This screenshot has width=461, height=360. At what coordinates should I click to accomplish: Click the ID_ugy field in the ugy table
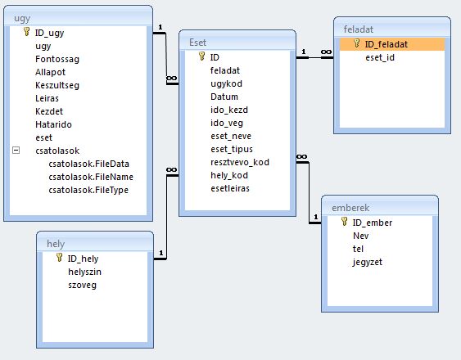49,33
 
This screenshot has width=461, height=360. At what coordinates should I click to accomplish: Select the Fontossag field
57,59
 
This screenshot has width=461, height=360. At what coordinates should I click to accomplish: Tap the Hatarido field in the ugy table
53,124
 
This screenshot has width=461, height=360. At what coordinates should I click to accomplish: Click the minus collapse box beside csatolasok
16,151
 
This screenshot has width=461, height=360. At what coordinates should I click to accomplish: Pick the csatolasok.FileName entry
91,177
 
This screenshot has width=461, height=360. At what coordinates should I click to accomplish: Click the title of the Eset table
197,43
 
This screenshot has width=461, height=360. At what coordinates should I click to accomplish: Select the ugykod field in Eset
226,83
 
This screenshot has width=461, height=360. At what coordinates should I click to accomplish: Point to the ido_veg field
227,123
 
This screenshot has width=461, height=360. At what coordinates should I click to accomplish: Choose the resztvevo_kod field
240,162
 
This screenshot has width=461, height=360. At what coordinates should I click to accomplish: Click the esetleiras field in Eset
230,188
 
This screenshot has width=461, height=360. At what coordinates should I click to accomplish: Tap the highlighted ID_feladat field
386,44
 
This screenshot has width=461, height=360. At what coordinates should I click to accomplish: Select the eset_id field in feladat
380,57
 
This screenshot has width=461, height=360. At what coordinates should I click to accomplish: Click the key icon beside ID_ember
344,221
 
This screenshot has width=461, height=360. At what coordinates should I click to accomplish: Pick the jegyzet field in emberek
368,262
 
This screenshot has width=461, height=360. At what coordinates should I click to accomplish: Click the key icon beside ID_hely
60,258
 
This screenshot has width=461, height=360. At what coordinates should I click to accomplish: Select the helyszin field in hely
84,272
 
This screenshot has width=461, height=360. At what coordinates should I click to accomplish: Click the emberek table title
350,208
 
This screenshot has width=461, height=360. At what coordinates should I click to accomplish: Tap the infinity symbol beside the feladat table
326,52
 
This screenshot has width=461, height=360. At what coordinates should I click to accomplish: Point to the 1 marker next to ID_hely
161,253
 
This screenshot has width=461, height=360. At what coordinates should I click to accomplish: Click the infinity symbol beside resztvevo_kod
301,156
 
